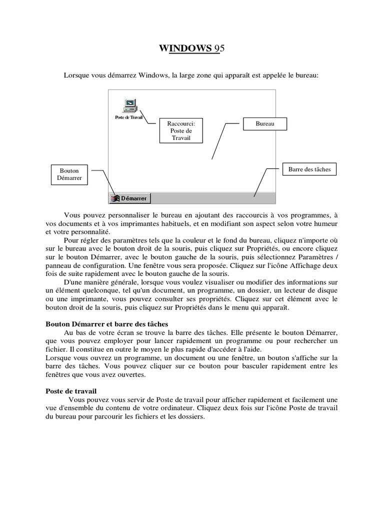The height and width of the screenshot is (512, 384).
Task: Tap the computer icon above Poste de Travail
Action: pos(129,105)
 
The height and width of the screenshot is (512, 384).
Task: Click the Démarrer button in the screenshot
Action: pos(129,198)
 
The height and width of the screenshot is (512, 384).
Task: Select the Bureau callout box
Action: pos(264,123)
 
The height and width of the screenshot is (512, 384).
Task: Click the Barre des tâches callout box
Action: pos(309,169)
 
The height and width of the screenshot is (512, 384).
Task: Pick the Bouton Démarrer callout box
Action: pos(69,174)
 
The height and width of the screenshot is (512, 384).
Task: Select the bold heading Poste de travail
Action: pos(70,390)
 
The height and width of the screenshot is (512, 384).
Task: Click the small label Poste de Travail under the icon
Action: pos(129,117)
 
